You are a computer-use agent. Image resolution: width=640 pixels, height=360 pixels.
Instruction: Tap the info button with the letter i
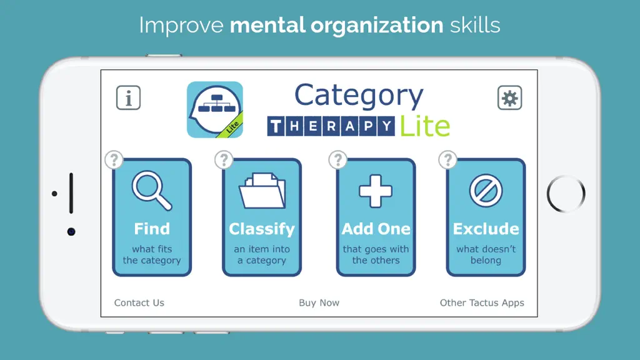(128, 97)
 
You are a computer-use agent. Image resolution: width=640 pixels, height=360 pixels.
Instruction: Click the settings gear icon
(509, 97)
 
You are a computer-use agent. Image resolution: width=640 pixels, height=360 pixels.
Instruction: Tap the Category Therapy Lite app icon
(215, 109)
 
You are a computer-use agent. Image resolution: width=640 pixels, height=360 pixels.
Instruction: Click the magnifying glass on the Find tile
(152, 191)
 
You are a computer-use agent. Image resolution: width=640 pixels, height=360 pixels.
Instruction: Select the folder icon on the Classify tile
(262, 191)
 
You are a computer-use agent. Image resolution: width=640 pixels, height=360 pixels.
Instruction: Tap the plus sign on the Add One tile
(376, 191)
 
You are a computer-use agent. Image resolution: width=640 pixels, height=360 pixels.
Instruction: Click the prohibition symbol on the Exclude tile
(486, 191)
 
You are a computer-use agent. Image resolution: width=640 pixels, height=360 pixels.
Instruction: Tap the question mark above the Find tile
(114, 159)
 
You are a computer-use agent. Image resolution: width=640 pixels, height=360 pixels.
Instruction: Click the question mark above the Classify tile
(224, 159)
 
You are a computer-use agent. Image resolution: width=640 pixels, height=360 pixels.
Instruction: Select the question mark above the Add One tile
(337, 159)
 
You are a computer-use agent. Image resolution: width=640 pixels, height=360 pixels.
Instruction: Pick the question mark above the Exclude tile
(447, 159)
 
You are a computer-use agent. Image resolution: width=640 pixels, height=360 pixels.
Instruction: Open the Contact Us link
(139, 303)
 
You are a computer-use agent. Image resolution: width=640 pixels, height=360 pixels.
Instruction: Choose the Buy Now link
(319, 303)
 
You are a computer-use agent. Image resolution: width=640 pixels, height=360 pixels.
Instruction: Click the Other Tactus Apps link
(482, 303)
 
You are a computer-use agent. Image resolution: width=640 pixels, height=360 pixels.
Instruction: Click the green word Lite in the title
(425, 126)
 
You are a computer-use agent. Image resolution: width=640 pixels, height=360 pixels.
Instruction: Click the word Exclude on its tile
(486, 229)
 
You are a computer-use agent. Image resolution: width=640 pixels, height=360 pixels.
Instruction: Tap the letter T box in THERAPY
(276, 126)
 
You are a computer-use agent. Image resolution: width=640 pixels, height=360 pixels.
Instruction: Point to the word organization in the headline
(377, 26)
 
